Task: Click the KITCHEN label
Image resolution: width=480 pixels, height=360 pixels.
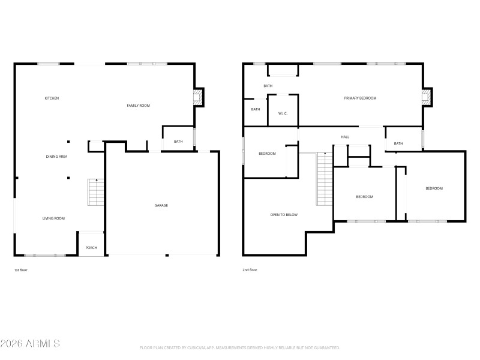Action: (x=52, y=98)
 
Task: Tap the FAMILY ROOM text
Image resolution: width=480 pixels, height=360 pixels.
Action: (x=138, y=106)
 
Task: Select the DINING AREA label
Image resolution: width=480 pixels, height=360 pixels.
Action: (x=56, y=157)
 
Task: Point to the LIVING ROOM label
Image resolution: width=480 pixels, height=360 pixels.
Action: (x=53, y=218)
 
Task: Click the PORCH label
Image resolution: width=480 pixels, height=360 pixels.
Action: (x=91, y=248)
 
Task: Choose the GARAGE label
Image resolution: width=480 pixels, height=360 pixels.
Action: (x=161, y=206)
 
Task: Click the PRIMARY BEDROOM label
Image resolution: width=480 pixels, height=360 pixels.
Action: (x=360, y=98)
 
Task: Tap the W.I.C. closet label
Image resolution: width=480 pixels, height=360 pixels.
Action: (x=283, y=113)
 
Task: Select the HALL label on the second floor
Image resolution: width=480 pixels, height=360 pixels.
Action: (x=345, y=137)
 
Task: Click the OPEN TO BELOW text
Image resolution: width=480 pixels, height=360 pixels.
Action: (x=284, y=214)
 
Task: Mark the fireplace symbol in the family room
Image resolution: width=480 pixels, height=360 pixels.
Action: (x=197, y=98)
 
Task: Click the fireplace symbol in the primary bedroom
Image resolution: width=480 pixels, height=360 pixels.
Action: (x=426, y=98)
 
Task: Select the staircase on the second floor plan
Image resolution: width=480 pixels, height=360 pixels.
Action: (x=325, y=179)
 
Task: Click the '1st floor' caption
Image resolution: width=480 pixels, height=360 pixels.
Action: (x=21, y=270)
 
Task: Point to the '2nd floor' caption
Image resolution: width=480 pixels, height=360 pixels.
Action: (x=250, y=270)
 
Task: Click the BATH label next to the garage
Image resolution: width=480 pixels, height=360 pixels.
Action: (x=178, y=142)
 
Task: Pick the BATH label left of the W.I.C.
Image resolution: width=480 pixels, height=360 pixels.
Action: (x=256, y=109)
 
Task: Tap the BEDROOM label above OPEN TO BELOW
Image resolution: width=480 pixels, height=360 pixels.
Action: (x=267, y=154)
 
